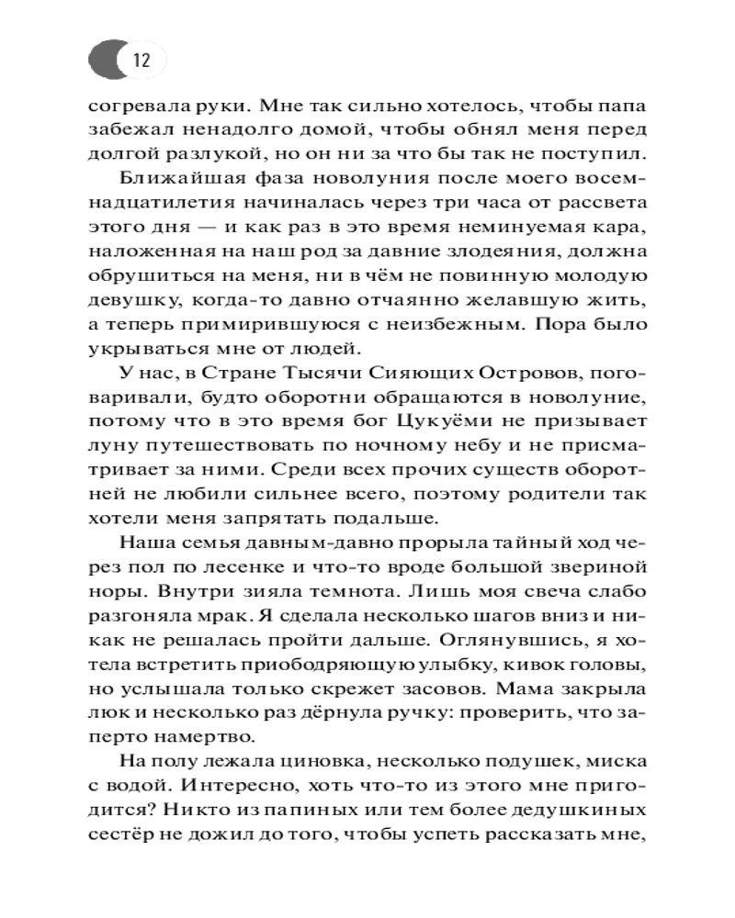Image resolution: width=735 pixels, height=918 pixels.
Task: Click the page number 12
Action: pyautogui.click(x=141, y=62)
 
